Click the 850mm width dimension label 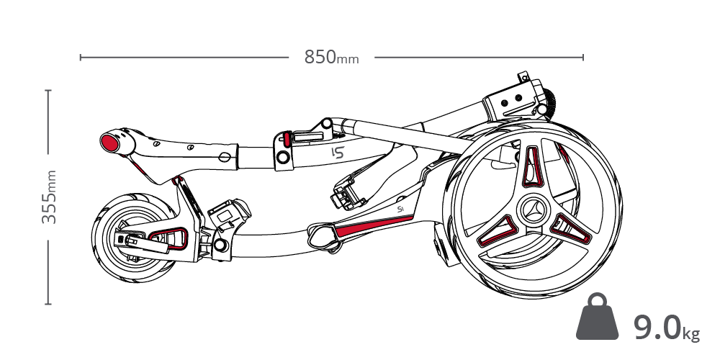coord(330,57)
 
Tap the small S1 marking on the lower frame coord(401,210)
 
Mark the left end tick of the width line coord(81,57)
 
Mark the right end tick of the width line coord(582,57)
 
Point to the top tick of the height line coord(48,91)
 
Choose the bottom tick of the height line coord(48,304)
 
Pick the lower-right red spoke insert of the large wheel coord(574,231)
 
